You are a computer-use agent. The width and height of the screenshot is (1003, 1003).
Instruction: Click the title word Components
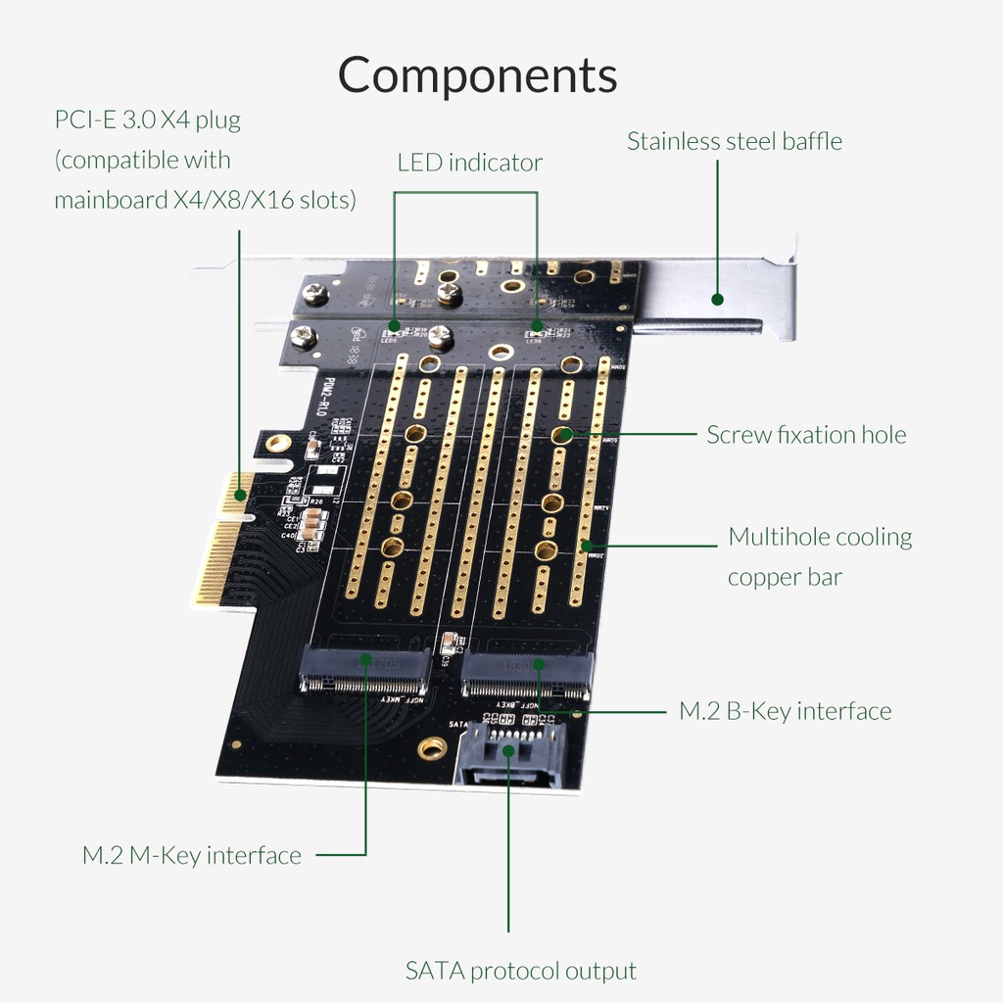[x=478, y=75]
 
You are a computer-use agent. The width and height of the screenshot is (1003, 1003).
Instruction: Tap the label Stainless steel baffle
[x=734, y=141]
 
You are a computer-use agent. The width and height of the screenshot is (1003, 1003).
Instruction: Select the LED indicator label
[x=469, y=162]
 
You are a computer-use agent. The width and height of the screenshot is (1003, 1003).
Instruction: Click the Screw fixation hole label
[x=806, y=434]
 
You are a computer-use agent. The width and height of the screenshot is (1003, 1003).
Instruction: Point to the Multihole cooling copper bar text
[x=819, y=556]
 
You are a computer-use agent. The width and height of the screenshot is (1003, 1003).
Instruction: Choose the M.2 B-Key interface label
[x=785, y=710]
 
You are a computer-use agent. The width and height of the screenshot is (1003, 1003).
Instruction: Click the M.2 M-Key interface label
[x=191, y=855]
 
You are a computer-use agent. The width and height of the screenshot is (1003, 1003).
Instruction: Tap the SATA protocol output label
[x=520, y=971]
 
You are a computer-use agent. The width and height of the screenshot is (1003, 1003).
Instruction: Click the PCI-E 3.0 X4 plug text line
[x=147, y=120]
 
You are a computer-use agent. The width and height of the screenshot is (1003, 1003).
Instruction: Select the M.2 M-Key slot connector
[x=364, y=671]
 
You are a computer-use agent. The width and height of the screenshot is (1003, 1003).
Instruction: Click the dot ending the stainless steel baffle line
[x=717, y=300]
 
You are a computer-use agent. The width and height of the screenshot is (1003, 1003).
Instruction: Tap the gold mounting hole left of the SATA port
[x=431, y=749]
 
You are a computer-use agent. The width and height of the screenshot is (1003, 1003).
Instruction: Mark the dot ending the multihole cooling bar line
[x=587, y=545]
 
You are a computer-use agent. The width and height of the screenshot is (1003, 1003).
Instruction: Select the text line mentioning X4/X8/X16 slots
[x=205, y=200]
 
